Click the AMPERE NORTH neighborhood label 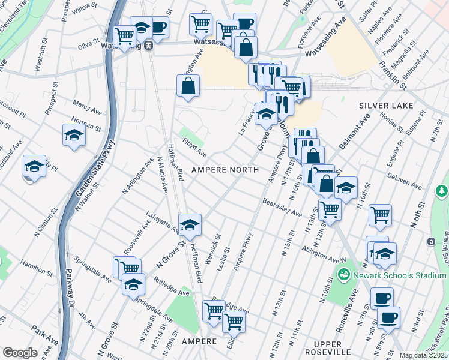[x=225, y=170]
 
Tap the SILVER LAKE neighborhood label [x=386, y=106]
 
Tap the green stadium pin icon [x=345, y=276]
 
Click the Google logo [x=20, y=353]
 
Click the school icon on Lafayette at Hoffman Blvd [x=190, y=224]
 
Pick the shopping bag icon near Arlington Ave [x=188, y=85]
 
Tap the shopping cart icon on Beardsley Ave [x=330, y=209]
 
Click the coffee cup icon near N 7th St [x=381, y=298]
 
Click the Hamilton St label [x=32, y=264]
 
